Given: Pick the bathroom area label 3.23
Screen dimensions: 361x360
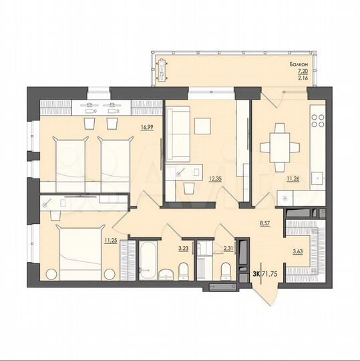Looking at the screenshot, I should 182,248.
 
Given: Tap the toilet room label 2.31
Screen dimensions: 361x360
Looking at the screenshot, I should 228,248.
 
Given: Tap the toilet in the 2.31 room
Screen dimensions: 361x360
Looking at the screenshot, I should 225,269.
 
